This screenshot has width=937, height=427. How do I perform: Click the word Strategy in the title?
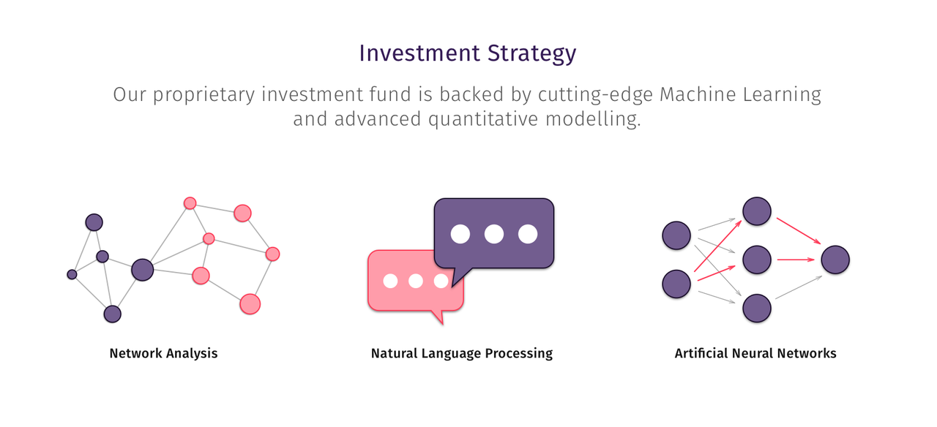(531, 54)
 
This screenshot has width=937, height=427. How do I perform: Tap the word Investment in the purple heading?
(419, 53)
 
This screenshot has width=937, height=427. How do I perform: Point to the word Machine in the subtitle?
(698, 94)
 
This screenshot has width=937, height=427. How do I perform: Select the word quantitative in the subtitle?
(483, 119)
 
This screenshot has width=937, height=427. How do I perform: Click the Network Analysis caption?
(163, 353)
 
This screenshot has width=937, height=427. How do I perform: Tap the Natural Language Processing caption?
(462, 353)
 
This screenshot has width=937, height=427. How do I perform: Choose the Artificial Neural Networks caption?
(755, 353)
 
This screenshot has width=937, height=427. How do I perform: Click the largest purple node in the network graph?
(142, 270)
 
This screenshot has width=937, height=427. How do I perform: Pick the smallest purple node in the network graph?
(72, 274)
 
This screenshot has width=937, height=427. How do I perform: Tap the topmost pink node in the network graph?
(190, 203)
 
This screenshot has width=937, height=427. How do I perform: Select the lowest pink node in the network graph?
(250, 304)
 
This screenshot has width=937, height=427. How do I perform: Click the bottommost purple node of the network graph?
(113, 314)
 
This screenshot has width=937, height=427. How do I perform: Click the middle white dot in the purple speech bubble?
(494, 234)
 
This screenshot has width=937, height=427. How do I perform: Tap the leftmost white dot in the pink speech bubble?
(390, 281)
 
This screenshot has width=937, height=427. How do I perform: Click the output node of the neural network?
(835, 260)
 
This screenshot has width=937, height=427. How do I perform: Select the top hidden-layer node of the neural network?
(757, 211)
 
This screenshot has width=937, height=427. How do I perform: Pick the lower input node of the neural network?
(676, 284)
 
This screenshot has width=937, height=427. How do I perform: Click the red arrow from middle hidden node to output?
(796, 260)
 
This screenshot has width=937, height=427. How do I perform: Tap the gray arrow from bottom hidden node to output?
(799, 287)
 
